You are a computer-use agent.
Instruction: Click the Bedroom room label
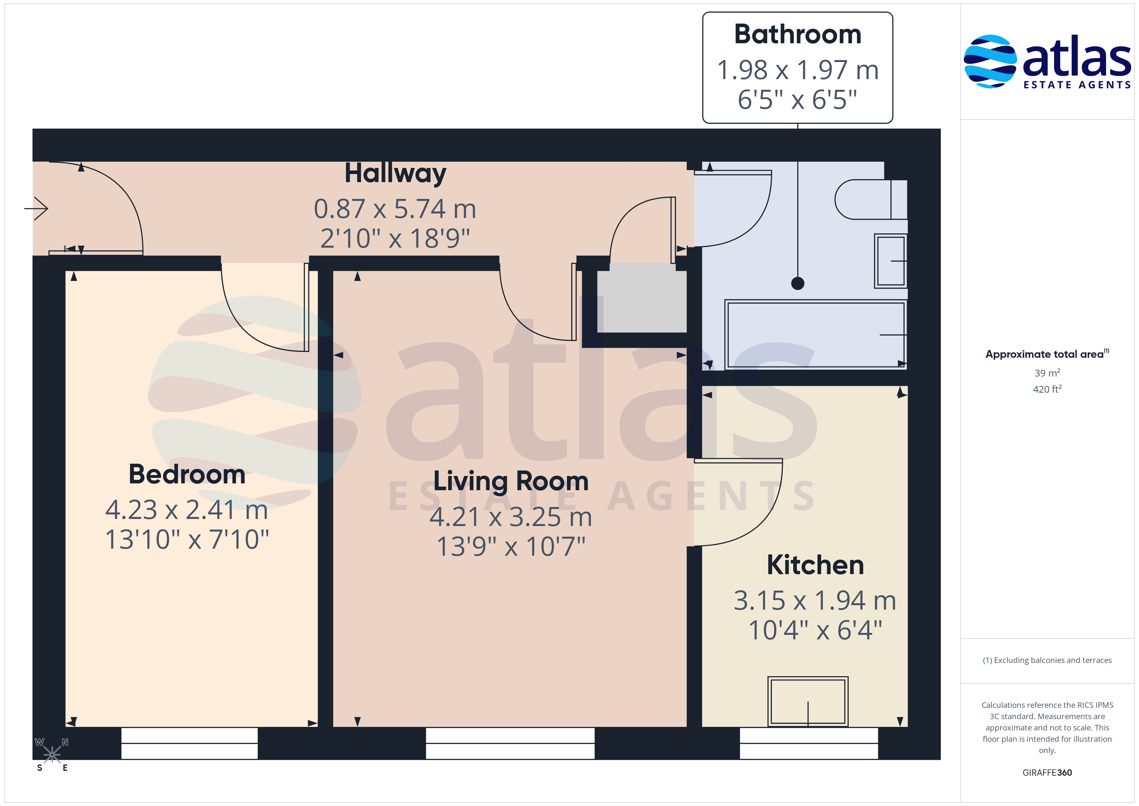[187, 474]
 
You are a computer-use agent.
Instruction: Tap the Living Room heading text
[511, 481]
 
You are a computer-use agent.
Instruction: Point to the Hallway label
[395, 174]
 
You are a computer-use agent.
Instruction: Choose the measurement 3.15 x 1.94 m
[815, 601]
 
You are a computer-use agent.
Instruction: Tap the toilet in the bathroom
[871, 200]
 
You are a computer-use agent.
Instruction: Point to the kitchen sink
[808, 702]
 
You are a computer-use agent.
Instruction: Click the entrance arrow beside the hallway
[36, 209]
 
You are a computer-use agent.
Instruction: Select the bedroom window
[190, 743]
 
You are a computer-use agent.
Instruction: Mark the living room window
[510, 743]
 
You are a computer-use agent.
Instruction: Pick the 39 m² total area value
[1047, 373]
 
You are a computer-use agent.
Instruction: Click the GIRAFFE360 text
[1047, 773]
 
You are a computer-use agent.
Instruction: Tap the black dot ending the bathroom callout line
[798, 284]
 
